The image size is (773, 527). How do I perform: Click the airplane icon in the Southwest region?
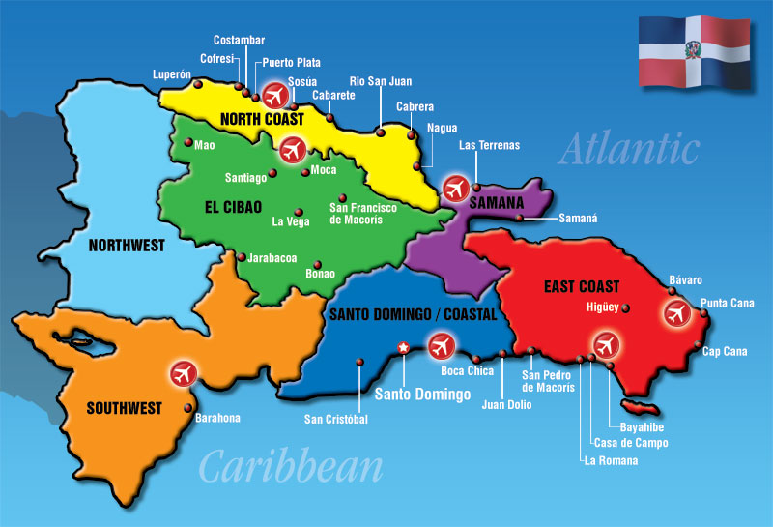coord(182,372)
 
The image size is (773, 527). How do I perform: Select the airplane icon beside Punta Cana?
coord(675,313)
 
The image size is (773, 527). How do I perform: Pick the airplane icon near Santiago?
coord(292,150)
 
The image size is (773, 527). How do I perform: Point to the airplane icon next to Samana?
coord(453,188)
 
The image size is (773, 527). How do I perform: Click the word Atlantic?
coord(629,149)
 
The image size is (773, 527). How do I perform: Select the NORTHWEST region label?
coord(127,246)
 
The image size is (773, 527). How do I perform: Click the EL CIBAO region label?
coord(234,206)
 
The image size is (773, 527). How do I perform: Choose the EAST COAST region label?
coord(582,286)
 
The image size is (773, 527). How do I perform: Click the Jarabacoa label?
coord(272,259)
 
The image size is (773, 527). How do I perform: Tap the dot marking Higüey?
coord(626,308)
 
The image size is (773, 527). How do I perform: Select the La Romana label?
coord(611,460)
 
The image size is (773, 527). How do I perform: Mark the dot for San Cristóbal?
coord(359,363)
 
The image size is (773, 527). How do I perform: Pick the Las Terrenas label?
coord(489,146)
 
